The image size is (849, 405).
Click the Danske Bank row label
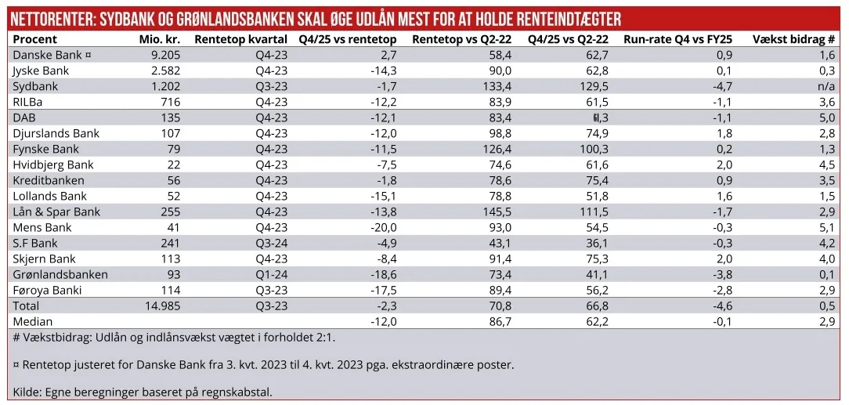[x=45, y=55]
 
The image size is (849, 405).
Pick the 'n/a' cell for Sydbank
[x=825, y=86]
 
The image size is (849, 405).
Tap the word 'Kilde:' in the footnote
[x=29, y=392]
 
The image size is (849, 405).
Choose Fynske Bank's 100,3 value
[x=595, y=149]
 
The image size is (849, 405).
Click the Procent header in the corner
[x=35, y=39]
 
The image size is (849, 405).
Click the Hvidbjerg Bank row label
[x=53, y=165]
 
